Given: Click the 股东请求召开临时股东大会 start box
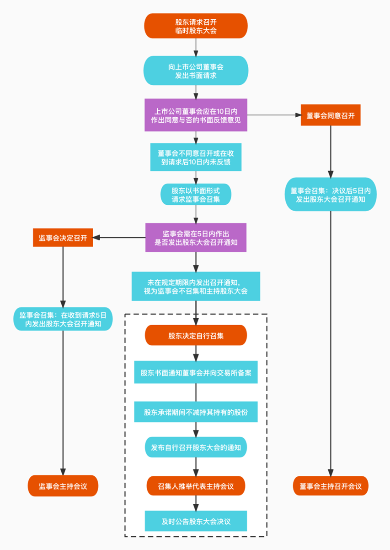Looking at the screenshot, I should [x=196, y=26].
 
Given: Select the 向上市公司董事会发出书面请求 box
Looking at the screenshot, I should [x=196, y=71].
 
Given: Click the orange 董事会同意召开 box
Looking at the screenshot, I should [x=331, y=115].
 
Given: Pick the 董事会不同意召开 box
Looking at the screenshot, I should [x=196, y=157].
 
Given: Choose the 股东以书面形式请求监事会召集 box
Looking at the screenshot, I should [x=196, y=195].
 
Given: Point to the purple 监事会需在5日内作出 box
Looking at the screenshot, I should [x=196, y=237].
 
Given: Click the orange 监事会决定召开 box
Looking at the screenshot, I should [x=63, y=237].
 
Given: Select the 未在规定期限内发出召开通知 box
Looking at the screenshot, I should [x=196, y=286].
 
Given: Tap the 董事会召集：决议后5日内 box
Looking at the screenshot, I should [x=331, y=195].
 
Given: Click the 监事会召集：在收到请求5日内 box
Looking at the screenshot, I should [x=63, y=319].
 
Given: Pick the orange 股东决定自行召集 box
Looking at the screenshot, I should [x=196, y=335].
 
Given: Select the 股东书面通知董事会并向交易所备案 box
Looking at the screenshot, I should [x=196, y=373].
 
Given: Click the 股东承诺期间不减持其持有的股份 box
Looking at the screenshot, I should [x=196, y=412].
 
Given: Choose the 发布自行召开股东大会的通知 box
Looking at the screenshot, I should [x=196, y=447].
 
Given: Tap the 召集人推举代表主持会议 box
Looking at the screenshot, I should [x=196, y=486].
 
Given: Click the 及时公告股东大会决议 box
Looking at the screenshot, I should [x=196, y=521].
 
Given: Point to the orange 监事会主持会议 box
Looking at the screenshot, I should [x=63, y=486].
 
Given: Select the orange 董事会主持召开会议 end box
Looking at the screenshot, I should [x=331, y=486].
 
